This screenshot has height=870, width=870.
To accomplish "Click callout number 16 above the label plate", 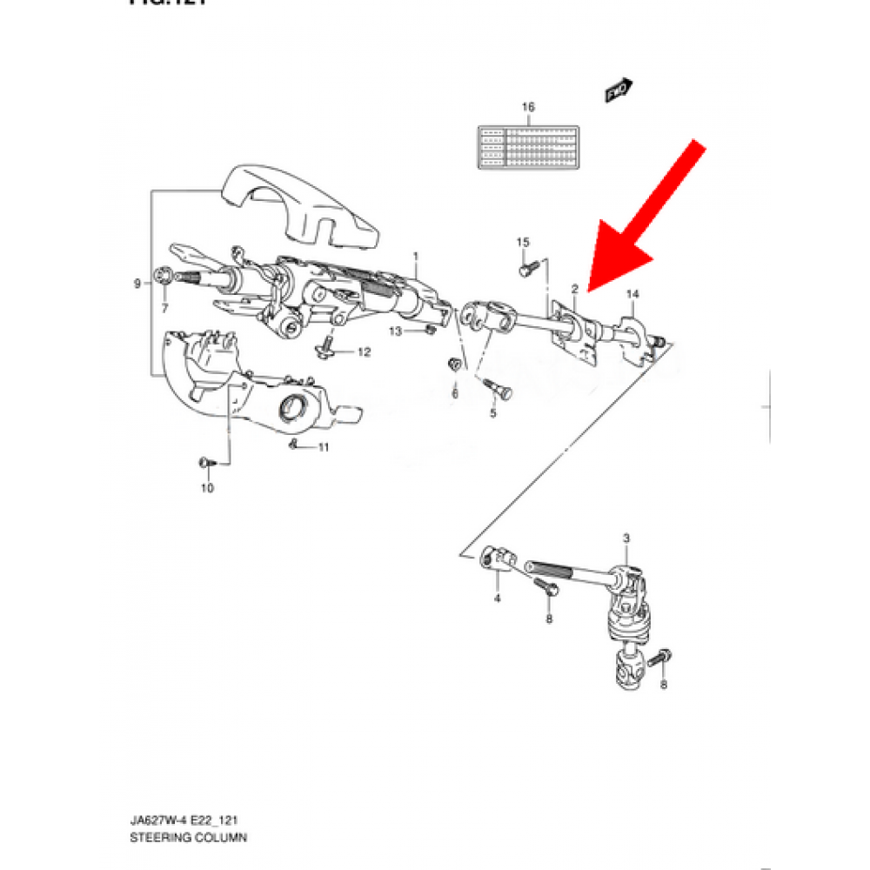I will (527, 107).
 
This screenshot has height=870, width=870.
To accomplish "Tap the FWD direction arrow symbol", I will (618, 90).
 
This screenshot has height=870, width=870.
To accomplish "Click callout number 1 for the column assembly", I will (416, 257).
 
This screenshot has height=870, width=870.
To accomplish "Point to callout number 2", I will (575, 288).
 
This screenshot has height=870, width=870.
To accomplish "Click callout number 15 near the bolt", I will (523, 241).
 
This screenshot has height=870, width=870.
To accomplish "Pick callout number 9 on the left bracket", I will (137, 284).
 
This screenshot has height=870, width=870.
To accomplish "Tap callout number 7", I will (164, 307).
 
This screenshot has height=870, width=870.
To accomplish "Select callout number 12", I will (364, 352).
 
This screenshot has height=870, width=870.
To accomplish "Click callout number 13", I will (395, 331).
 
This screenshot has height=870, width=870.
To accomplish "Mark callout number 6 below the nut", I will (454, 393).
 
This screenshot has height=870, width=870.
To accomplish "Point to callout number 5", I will (492, 412).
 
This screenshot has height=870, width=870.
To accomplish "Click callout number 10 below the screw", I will (207, 488).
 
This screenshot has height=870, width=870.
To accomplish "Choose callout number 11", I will (323, 448).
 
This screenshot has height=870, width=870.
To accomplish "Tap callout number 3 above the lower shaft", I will (626, 540).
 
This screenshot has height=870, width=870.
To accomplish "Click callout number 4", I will (497, 599).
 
